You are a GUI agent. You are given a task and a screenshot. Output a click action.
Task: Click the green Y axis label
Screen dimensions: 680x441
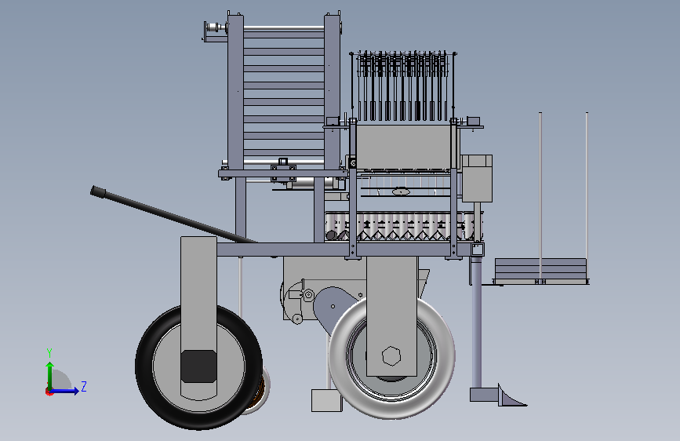(x=49, y=353)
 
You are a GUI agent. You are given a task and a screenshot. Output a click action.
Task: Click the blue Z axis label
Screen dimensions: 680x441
(x=84, y=386)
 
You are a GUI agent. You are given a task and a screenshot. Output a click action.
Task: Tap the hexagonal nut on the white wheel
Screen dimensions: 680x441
(x=391, y=356)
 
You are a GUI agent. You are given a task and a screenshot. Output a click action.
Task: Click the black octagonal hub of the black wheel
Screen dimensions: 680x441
(x=198, y=366)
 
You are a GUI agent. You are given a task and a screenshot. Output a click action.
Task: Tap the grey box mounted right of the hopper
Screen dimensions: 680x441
(x=477, y=178)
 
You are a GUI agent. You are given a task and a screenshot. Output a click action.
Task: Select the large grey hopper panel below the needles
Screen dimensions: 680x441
(x=403, y=147)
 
